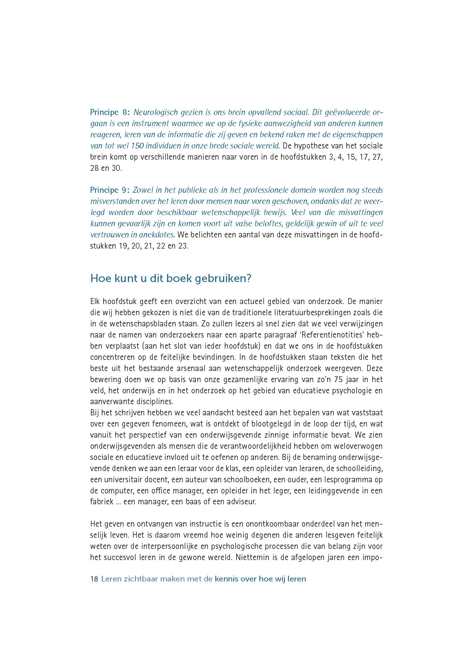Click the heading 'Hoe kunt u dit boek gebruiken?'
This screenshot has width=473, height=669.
[x=171, y=279]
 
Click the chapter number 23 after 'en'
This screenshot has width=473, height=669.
[x=183, y=246]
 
